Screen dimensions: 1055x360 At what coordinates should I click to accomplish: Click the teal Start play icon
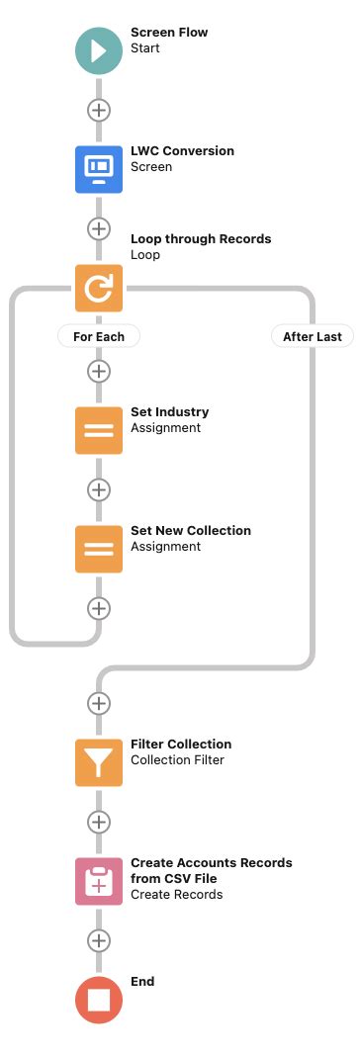[99, 49]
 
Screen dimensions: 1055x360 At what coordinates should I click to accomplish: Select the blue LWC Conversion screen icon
[99, 168]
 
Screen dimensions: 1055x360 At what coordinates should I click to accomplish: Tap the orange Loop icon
[99, 288]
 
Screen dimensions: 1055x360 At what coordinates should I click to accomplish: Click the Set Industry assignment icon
[99, 430]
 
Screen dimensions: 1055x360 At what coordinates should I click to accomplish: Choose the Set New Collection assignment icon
[99, 549]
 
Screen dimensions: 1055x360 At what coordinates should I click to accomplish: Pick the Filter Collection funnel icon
[99, 762]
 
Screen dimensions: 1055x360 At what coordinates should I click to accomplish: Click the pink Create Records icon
[99, 881]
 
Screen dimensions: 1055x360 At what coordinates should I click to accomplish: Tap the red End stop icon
[99, 999]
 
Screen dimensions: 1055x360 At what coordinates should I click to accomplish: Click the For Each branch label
[99, 336]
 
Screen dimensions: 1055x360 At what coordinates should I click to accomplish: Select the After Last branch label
[313, 336]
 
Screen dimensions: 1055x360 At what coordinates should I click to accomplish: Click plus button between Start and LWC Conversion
[99, 109]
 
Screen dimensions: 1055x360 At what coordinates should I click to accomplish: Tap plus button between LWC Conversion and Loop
[99, 228]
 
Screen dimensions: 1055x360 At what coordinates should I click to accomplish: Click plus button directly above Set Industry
[99, 372]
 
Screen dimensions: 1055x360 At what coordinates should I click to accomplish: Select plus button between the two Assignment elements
[99, 489]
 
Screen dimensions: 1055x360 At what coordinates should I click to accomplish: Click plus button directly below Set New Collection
[99, 607]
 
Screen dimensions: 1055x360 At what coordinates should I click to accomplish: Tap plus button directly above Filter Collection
[99, 703]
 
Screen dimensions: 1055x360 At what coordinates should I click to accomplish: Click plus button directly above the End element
[99, 940]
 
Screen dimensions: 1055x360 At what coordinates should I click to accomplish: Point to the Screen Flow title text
[169, 33]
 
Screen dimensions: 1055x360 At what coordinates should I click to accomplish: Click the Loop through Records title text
[201, 238]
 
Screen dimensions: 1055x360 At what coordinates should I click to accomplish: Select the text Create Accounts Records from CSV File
[211, 870]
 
